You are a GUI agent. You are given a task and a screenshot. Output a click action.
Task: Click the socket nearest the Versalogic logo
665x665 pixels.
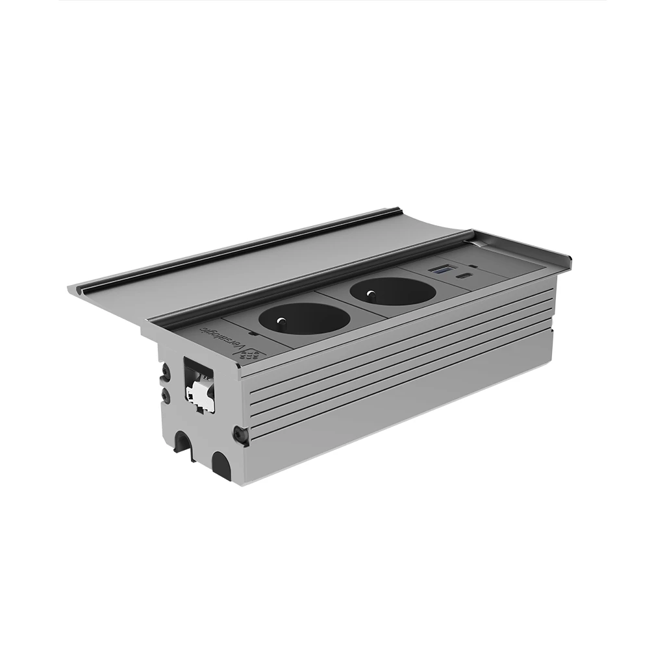coord(304,318)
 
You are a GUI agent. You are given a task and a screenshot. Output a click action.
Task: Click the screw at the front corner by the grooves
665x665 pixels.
coord(240,433)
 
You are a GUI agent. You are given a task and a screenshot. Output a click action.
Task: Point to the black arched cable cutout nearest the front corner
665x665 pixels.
coord(221,466)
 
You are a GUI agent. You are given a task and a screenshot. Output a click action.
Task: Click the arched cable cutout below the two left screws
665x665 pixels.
coord(183,445)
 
